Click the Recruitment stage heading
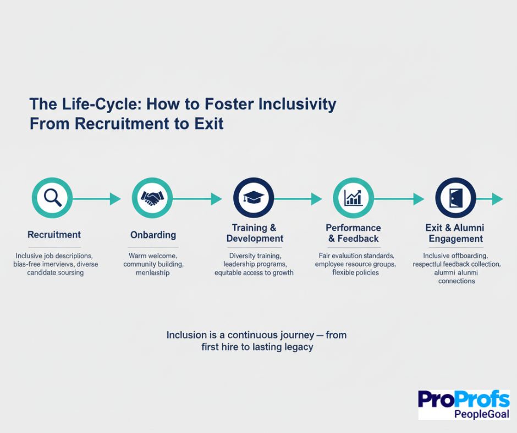click(54, 235)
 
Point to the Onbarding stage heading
click(153, 235)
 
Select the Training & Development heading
click(254, 233)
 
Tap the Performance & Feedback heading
click(353, 233)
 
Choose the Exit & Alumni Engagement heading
click(455, 233)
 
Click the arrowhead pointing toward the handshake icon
click(115, 199)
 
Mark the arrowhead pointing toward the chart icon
click(316, 199)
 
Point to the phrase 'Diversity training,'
click(254, 256)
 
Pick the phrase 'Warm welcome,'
click(152, 256)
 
